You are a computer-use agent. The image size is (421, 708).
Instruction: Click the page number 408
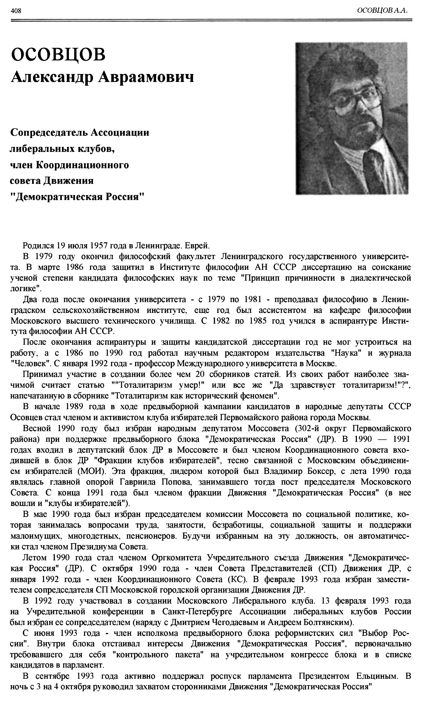tap(16, 11)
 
